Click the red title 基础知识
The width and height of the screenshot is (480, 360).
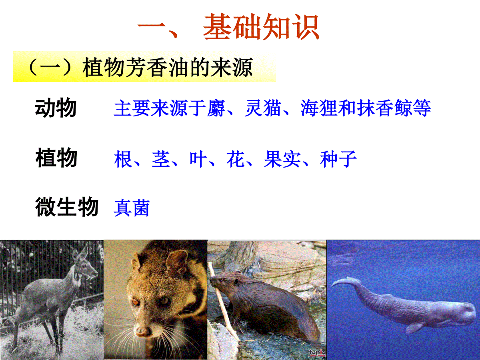tap(261, 27)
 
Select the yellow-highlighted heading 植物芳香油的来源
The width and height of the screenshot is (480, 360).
tap(168, 67)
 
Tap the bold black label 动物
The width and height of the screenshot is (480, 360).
tap(56, 108)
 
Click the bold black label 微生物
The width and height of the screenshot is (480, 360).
tap(67, 206)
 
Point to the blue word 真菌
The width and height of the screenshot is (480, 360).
tap(132, 208)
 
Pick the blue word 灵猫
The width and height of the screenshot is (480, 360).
tap(263, 108)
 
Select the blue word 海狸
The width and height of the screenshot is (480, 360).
tap(319, 108)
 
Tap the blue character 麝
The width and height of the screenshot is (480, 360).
tap(216, 108)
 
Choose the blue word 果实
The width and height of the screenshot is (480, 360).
tap(282, 159)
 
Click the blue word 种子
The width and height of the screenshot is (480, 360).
tap(338, 159)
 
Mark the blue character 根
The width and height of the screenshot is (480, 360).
tap(123, 159)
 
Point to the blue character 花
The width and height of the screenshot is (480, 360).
tap(235, 159)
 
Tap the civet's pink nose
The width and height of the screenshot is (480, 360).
tap(143, 332)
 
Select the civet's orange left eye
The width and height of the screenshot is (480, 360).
tap(136, 302)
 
